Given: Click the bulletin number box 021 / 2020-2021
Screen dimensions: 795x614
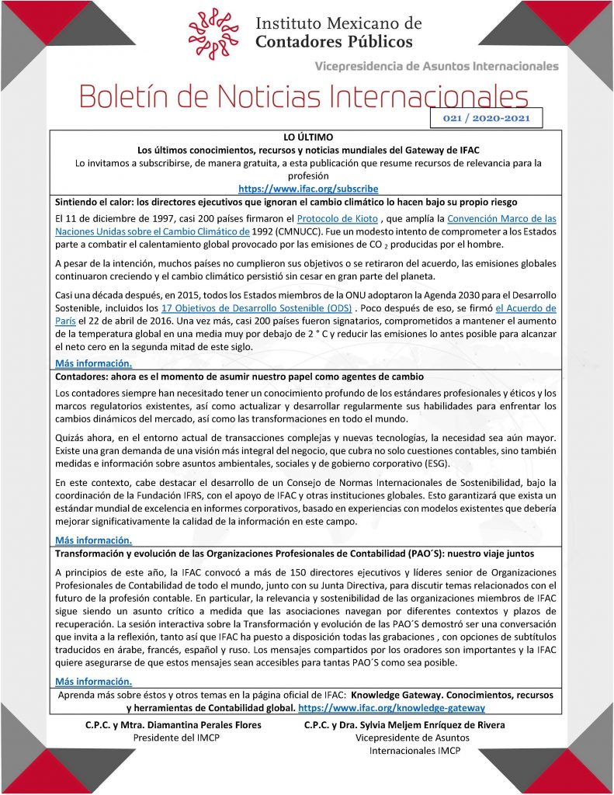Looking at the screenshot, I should [486, 118].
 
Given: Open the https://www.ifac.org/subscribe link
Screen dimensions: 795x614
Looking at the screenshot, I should [308, 189].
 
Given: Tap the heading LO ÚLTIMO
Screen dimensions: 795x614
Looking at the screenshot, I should [308, 137].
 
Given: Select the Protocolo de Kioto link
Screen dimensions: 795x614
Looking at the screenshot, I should [331, 218].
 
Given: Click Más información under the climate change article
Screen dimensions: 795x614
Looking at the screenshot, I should [94, 363].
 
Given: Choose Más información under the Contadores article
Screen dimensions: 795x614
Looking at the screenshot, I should [94, 540].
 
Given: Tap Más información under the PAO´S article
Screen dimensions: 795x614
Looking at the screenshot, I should [94, 682].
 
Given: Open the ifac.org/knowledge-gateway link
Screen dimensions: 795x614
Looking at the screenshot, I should [391, 708].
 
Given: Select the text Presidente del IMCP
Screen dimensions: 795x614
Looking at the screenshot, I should [176, 738].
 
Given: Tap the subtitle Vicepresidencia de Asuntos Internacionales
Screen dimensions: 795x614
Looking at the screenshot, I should [436, 66].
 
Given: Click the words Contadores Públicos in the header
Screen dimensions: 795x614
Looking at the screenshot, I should [334, 41].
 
